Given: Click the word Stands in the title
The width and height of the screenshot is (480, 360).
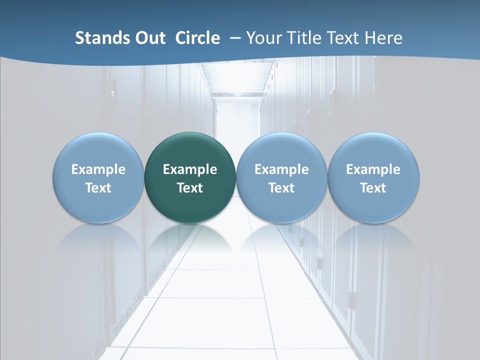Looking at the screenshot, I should [x=98, y=38].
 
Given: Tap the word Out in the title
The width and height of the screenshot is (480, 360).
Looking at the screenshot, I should [x=148, y=38].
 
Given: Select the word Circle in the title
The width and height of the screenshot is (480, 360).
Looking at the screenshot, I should [x=197, y=38].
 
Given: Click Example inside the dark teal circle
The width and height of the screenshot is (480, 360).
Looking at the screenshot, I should [x=190, y=169].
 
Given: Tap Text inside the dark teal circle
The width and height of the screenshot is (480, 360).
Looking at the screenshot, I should [x=190, y=188].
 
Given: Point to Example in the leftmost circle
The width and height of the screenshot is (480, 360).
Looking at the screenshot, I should [x=98, y=169].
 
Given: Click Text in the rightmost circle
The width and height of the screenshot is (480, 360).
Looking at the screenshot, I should [x=373, y=188].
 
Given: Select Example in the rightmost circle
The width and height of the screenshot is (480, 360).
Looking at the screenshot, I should [x=373, y=169].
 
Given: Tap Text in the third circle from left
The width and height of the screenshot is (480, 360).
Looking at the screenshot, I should [x=281, y=188].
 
